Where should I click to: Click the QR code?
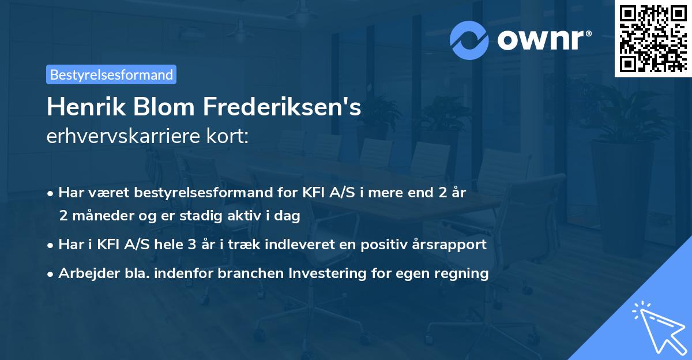pyautogui.click(x=653, y=39)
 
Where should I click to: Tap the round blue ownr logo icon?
pyautogui.click(x=469, y=40)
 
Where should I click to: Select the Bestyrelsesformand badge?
pyautogui.click(x=111, y=74)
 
